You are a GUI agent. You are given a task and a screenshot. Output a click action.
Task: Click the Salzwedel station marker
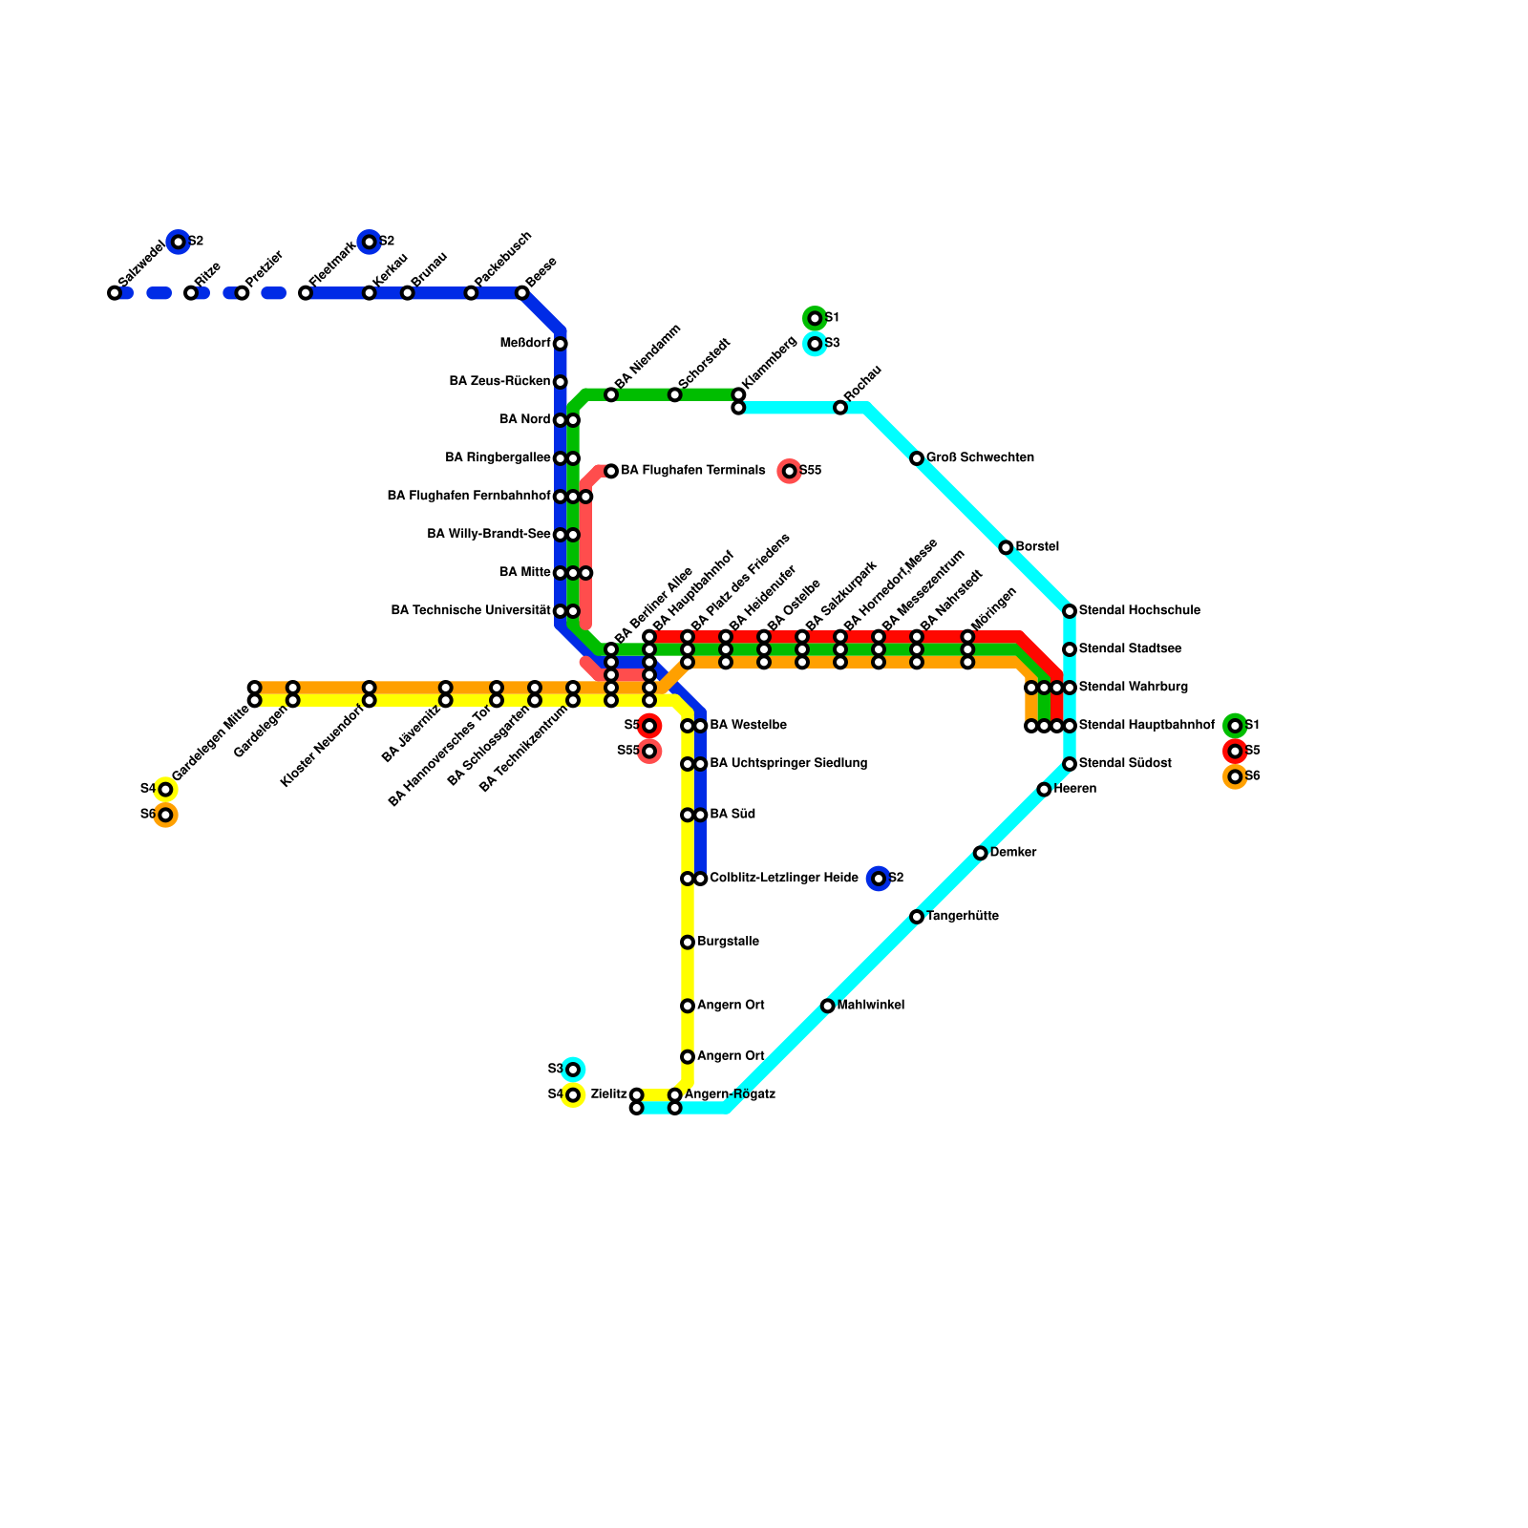click(x=115, y=293)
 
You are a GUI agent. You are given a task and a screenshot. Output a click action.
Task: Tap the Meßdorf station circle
click(x=561, y=344)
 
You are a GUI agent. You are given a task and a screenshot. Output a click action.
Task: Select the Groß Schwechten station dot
click(x=917, y=458)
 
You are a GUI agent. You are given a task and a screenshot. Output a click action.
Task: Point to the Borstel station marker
click(x=1006, y=547)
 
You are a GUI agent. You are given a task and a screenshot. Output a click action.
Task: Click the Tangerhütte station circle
click(x=917, y=917)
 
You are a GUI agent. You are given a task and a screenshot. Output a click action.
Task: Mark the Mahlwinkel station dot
click(x=828, y=1006)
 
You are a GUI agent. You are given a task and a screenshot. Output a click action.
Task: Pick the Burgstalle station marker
click(x=688, y=943)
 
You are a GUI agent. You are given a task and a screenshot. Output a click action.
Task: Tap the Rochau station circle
click(x=840, y=408)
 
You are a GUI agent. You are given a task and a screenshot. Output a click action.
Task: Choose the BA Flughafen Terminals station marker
click(x=611, y=471)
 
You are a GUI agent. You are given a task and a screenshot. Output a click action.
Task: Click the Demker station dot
click(x=981, y=853)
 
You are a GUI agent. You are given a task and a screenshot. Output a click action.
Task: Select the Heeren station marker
click(x=1044, y=790)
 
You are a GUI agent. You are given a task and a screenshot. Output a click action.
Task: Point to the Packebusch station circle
click(x=471, y=293)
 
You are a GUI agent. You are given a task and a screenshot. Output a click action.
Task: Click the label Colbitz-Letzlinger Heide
click(x=783, y=879)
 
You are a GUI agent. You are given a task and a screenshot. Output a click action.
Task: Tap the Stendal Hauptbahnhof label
click(x=1146, y=726)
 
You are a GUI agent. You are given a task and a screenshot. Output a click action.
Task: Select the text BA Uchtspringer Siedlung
click(x=788, y=764)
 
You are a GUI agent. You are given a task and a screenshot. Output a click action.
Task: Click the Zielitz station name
click(x=608, y=1094)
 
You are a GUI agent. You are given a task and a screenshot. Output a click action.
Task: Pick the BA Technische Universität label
click(x=471, y=611)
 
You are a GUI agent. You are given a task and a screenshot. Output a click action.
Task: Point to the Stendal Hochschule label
click(x=1139, y=611)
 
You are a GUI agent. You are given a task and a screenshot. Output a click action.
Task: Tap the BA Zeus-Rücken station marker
click(x=561, y=382)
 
